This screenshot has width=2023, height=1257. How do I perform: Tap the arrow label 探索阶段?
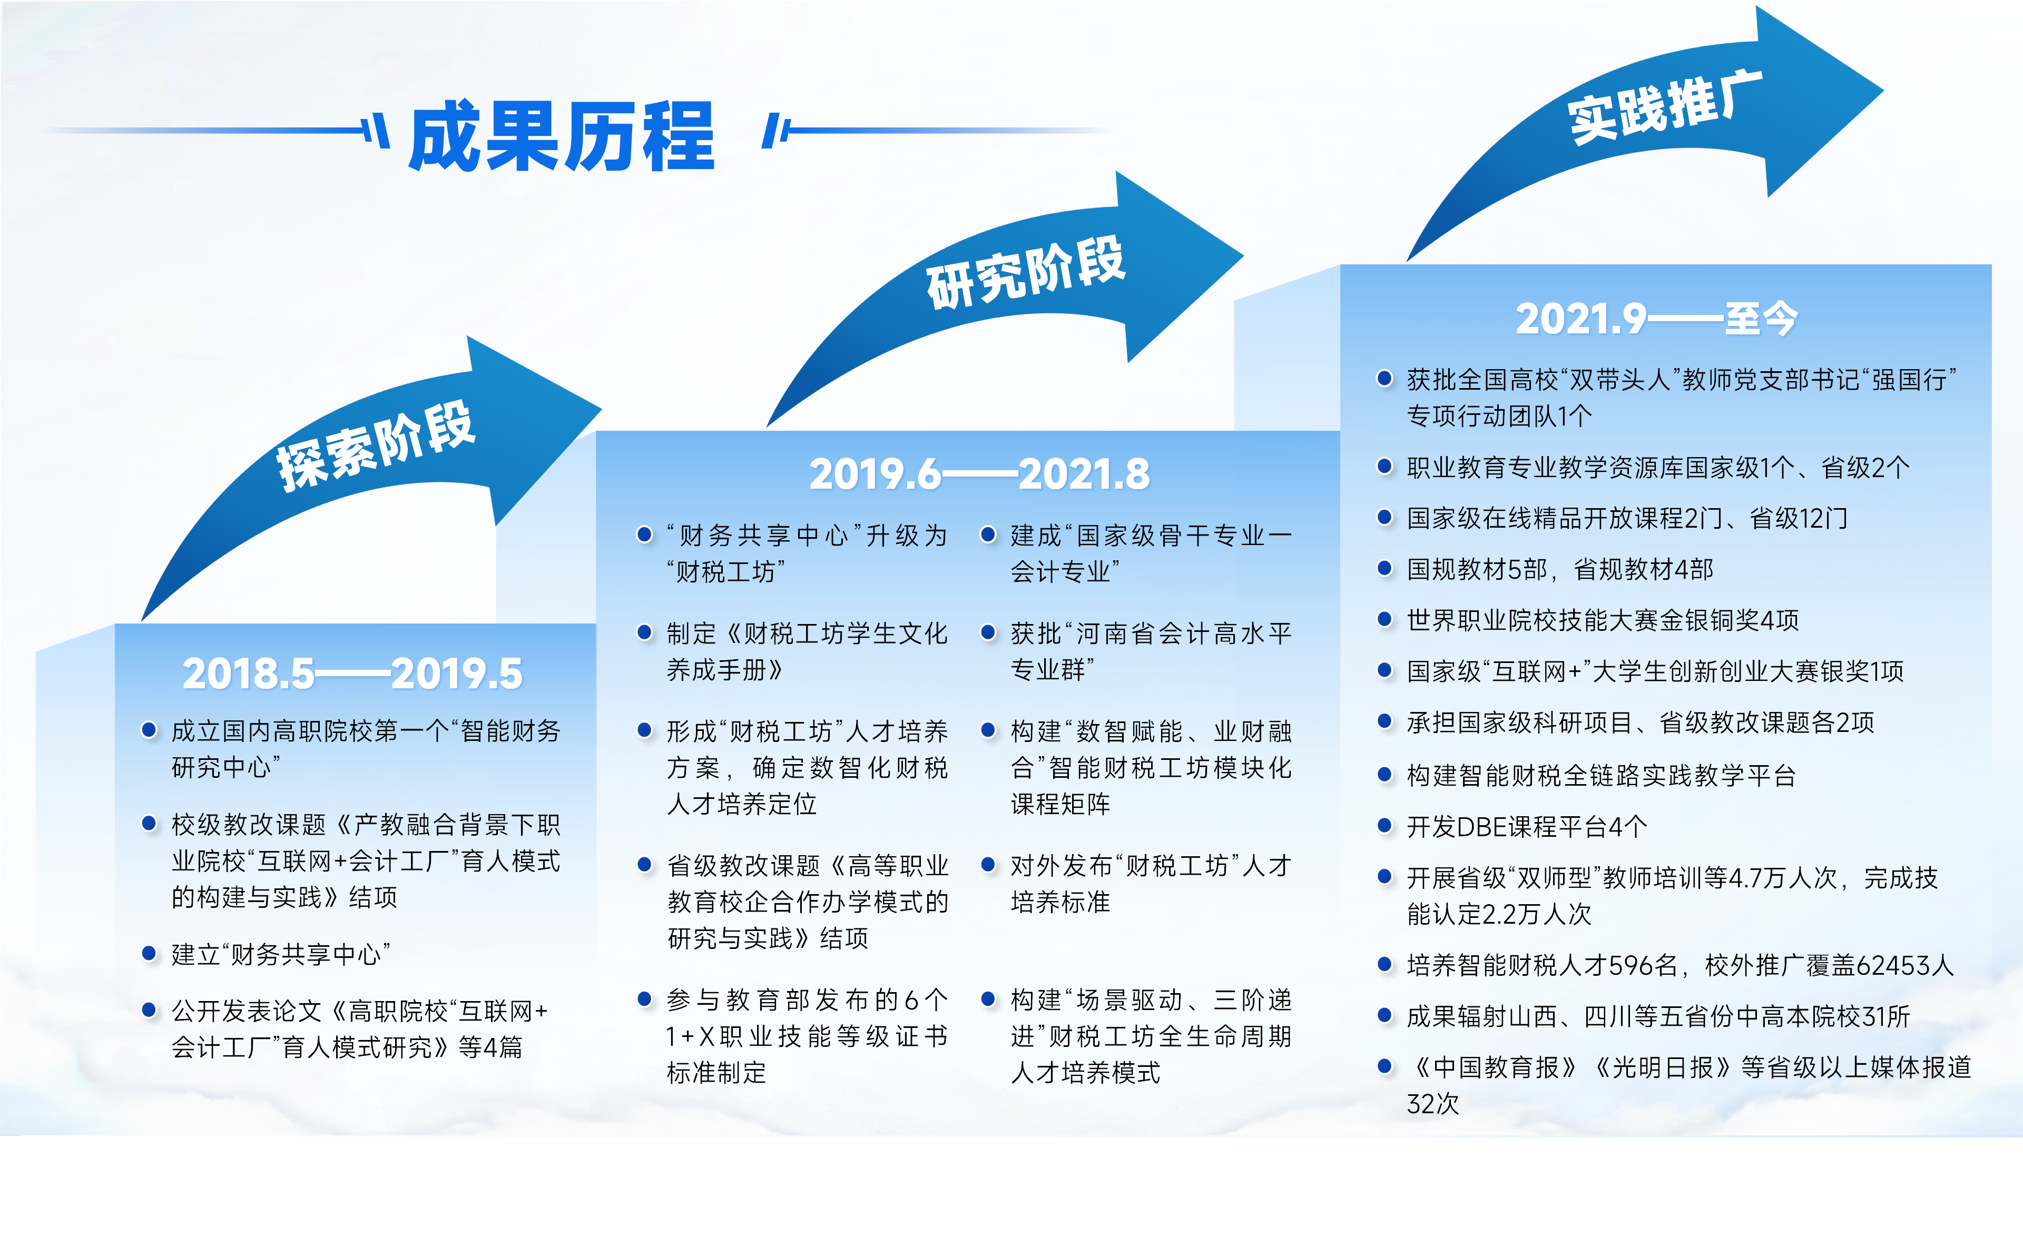[376, 447]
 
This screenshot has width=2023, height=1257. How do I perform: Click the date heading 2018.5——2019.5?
[352, 674]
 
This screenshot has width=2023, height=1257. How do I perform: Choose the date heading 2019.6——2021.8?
[979, 474]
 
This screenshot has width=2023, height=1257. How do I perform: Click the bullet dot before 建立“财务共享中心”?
[150, 953]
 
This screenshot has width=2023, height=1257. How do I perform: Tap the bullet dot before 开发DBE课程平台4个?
[1384, 826]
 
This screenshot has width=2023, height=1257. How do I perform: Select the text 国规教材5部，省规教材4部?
[1560, 569]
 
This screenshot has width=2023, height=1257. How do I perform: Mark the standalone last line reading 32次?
[1432, 1103]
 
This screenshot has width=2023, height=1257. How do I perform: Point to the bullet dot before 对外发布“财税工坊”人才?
[988, 865]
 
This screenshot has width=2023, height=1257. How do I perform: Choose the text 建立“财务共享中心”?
[281, 954]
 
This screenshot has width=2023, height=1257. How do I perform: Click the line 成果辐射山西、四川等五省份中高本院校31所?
[1658, 1016]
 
